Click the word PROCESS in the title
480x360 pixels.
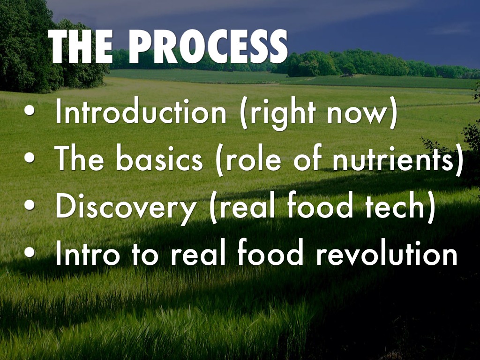pyautogui.click(x=208, y=46)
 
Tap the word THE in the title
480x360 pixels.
pyautogui.click(x=81, y=46)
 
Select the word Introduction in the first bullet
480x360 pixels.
pyautogui.click(x=141, y=112)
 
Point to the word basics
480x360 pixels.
pyautogui.click(x=159, y=158)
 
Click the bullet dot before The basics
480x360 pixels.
pyautogui.click(x=30, y=157)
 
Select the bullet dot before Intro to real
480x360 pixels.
pyautogui.click(x=30, y=252)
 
